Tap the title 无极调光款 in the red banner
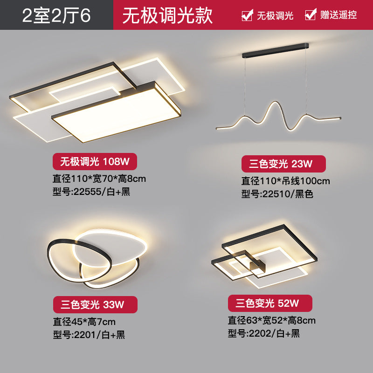pos(167,15)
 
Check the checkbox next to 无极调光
pos(247,15)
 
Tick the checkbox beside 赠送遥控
pos(311,15)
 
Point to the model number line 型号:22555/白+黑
pos(91,192)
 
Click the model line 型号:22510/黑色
pos(277,193)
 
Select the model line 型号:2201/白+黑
pos(89,334)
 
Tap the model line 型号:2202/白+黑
pos(263,333)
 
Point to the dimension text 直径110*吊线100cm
pos(285,180)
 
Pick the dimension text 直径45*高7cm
pos(84,321)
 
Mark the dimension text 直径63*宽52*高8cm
pos(271,320)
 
